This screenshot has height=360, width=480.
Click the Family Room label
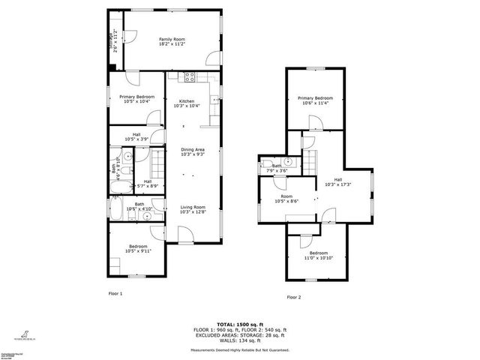172,41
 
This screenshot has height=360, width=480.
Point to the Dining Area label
193,151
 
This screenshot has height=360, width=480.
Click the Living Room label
193,209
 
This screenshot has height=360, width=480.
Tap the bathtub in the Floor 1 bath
118,208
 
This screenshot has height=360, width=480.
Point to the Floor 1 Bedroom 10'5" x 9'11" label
136,249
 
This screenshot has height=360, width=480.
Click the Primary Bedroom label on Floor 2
315,100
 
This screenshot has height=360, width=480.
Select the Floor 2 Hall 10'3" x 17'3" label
337,181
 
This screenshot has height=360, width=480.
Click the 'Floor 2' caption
293,298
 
